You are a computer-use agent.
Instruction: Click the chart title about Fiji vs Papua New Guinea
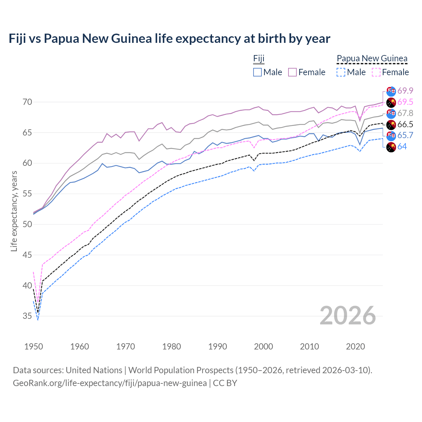pos(169,39)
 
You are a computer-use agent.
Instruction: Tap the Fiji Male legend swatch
pos(257,72)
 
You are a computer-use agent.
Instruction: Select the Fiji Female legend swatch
pos(292,72)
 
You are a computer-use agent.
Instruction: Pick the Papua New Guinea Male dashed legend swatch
pos(341,72)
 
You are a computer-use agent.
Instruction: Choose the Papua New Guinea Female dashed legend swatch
pos(376,72)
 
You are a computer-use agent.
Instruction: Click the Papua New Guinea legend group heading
pos(372,58)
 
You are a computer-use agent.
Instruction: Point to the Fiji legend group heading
pos(259,58)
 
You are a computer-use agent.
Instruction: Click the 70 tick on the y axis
pos(27,102)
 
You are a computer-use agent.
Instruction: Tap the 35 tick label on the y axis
pos(27,316)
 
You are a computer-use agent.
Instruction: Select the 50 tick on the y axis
pos(27,225)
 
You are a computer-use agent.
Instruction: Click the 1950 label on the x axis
pos(34,347)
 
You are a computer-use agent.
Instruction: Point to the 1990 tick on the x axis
pos(218,347)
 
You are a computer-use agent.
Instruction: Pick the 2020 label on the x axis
pos(355,347)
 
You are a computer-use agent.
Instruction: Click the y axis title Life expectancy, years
pos(14,211)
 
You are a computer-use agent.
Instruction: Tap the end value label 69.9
pos(405,91)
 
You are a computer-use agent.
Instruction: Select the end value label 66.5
pos(405,124)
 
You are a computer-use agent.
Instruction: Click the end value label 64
pos(402,147)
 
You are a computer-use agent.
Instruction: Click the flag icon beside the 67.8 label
pos(391,113)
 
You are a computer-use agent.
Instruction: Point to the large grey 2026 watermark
pos(347,316)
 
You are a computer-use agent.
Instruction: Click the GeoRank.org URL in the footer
pos(110,383)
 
